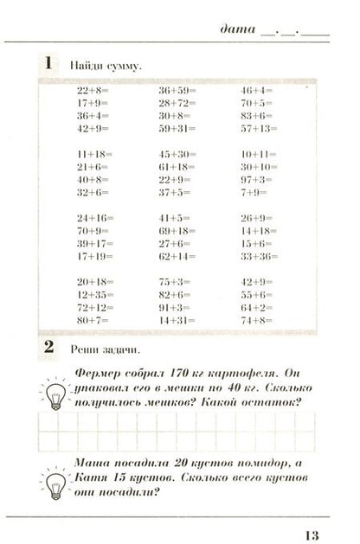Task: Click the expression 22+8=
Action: [x=90, y=89]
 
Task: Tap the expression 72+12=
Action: [x=93, y=307]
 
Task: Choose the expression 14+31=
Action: [x=175, y=319]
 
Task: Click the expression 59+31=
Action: [x=175, y=128]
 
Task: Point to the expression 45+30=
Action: [x=175, y=154]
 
